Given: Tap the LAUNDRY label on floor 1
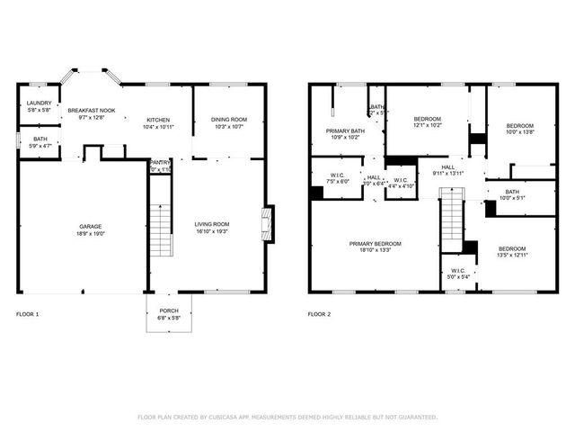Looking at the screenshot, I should click(x=38, y=103).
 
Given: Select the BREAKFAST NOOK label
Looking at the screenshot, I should click(x=92, y=110).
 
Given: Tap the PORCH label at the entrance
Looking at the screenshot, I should click(x=169, y=310).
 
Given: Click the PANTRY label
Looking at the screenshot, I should click(x=161, y=163).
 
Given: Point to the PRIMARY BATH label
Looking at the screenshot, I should click(x=345, y=131).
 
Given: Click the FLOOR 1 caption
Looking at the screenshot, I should click(x=28, y=314).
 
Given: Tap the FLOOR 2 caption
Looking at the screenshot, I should click(x=319, y=314).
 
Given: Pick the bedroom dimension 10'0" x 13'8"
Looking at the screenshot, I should click(x=518, y=132).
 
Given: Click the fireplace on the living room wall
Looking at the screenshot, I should click(x=266, y=220).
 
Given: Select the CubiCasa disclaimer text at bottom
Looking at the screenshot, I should click(x=287, y=417).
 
